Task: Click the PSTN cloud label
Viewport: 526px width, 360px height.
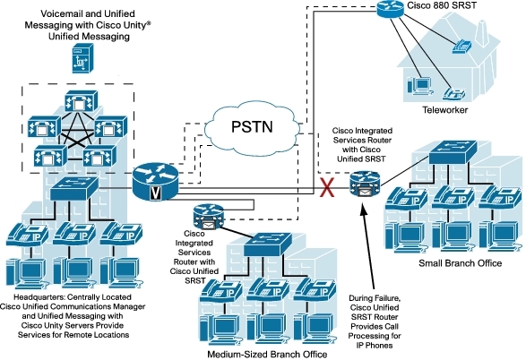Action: pos(252,127)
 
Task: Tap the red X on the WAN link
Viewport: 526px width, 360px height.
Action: pos(327,187)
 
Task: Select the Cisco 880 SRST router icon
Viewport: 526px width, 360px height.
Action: pos(390,8)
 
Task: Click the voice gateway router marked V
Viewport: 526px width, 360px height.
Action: pos(155,182)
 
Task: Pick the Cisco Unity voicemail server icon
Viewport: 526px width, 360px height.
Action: pos(82,58)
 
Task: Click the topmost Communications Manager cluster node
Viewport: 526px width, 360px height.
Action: pos(81,101)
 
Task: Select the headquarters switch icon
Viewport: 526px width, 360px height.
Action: pos(73,189)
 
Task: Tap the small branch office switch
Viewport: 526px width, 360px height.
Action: pos(453,152)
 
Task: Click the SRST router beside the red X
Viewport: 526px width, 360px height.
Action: pos(365,184)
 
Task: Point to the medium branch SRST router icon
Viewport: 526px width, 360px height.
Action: pos(208,217)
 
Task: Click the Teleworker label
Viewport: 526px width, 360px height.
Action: pos(444,109)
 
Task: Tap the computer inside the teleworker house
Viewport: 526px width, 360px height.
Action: pos(418,85)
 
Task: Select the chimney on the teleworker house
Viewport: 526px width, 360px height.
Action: pos(482,33)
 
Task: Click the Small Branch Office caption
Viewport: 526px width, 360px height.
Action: pos(460,263)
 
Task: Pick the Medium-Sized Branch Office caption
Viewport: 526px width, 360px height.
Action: pos(267,354)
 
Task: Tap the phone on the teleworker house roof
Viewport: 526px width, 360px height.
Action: pos(461,47)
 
